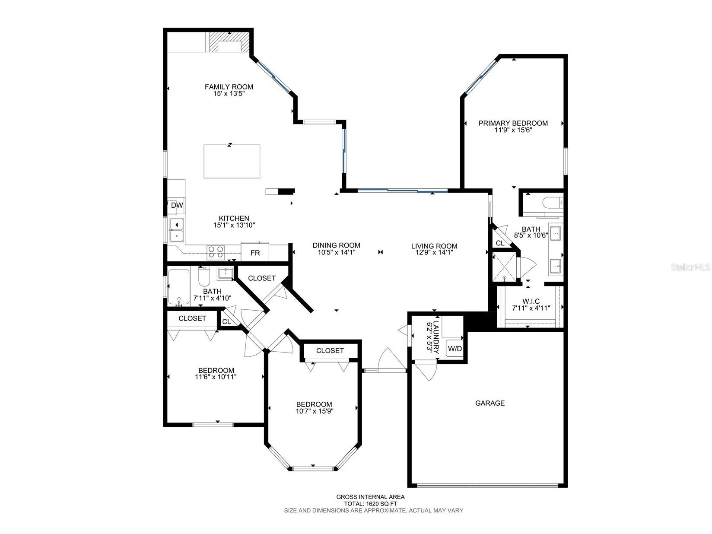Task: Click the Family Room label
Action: (229, 87)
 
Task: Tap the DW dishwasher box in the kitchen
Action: (177, 206)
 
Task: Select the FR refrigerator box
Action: (255, 253)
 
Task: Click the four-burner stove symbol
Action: (216, 251)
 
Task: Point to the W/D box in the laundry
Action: (455, 349)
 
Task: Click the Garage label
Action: (489, 403)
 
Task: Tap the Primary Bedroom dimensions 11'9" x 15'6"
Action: (513, 130)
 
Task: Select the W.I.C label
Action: (531, 302)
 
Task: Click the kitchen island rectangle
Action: (232, 162)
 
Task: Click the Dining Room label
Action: (336, 245)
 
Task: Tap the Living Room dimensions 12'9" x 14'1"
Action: (434, 253)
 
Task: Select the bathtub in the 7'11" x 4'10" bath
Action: (178, 287)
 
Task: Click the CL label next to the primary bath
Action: (500, 243)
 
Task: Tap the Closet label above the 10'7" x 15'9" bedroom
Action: (330, 350)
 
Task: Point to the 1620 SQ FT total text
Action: (370, 504)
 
